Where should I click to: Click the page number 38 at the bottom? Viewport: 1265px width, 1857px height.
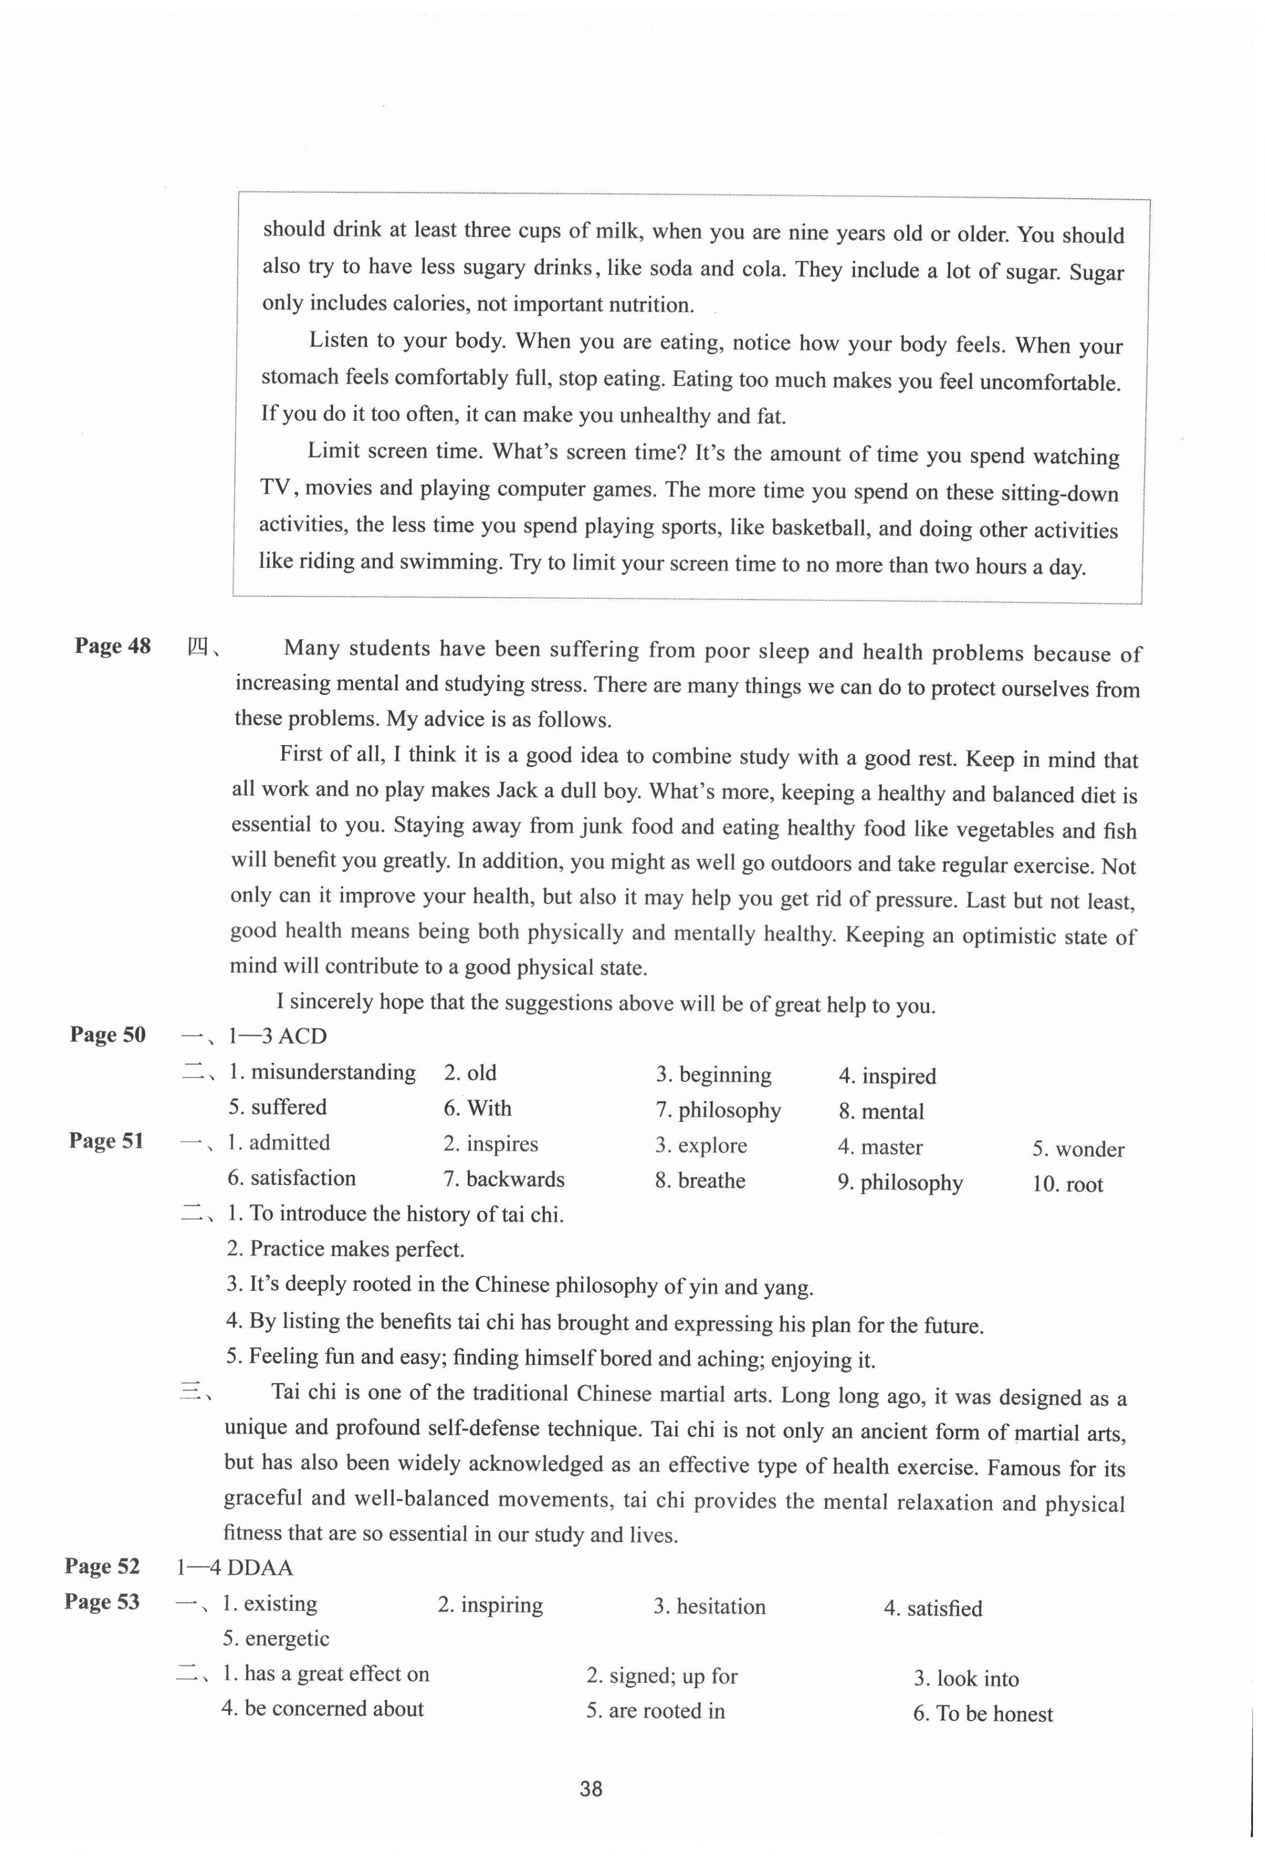coord(591,1788)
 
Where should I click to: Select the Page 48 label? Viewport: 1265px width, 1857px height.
coord(112,646)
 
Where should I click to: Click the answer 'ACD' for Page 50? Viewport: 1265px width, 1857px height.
coord(303,1036)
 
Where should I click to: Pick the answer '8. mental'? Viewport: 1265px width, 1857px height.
coord(881,1111)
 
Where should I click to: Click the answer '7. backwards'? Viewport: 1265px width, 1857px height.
coord(504,1179)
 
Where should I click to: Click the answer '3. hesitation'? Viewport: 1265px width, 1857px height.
coord(709,1607)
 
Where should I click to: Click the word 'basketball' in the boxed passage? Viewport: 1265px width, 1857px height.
coord(822,528)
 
